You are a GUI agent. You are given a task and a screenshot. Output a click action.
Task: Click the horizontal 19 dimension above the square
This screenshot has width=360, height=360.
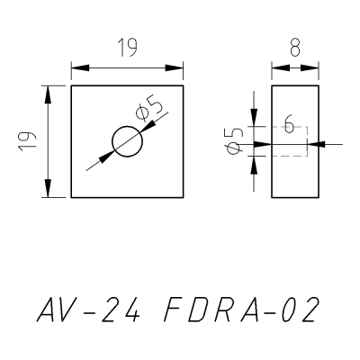tap(127, 48)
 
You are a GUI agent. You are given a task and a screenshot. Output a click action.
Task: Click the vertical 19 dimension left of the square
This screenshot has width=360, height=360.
tap(27, 141)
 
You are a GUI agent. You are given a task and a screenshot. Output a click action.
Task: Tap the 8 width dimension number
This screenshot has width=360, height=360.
tap(295, 48)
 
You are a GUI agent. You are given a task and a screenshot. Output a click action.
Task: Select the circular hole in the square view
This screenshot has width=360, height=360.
tap(127, 141)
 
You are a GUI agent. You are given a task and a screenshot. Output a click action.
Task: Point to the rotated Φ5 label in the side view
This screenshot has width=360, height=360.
tap(234, 140)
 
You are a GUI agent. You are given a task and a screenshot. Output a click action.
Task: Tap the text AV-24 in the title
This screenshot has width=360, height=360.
tap(88, 310)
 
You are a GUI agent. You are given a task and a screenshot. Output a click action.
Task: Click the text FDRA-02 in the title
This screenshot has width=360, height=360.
tap(241, 310)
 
